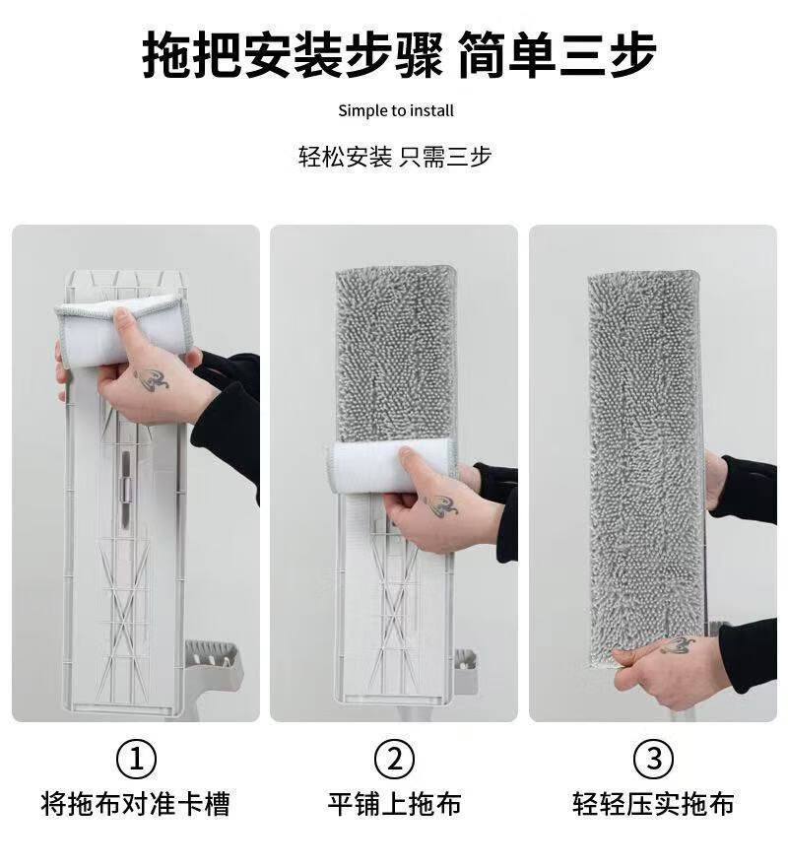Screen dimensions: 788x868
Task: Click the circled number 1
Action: point(136,759)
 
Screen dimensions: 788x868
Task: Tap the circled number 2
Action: point(394,759)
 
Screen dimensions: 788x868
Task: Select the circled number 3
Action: point(653,759)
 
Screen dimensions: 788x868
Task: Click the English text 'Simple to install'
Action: point(396,110)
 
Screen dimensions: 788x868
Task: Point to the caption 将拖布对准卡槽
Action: point(136,804)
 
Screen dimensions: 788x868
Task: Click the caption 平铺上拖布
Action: point(394,804)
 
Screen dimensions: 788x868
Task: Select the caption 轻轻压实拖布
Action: point(653,804)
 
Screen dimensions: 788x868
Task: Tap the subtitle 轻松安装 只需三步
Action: point(395,157)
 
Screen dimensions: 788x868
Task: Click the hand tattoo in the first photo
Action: point(151,380)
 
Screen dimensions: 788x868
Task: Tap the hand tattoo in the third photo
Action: point(677,645)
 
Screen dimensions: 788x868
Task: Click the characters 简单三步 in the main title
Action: point(557,54)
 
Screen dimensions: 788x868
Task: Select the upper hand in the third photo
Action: point(715,483)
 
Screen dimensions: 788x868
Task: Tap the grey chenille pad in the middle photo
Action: point(395,355)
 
